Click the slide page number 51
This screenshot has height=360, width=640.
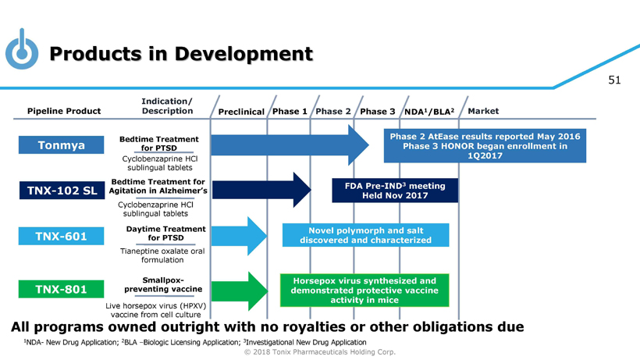pyautogui.click(x=613, y=80)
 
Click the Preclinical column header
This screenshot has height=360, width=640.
pyautogui.click(x=241, y=112)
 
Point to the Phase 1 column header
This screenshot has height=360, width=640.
pyautogui.click(x=290, y=111)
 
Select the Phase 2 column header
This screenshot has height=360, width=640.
pyautogui.click(x=333, y=111)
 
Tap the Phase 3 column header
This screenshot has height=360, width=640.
pyautogui.click(x=378, y=111)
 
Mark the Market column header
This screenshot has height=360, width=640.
pyautogui.click(x=483, y=111)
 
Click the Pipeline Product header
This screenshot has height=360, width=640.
pyautogui.click(x=64, y=111)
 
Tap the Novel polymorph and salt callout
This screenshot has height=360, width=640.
pyautogui.click(x=366, y=235)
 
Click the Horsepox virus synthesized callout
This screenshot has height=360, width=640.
pyautogui.click(x=364, y=290)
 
